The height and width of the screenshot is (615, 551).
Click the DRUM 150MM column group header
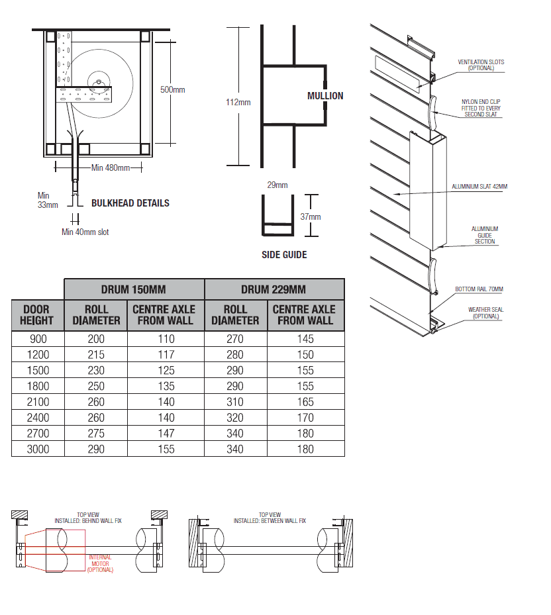coord(134,289)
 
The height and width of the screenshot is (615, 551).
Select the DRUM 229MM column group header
coord(274,289)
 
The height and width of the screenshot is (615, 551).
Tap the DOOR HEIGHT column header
coord(37,314)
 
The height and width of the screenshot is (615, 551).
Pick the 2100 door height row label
coord(37,402)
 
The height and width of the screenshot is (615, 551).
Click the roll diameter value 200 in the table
coord(96,339)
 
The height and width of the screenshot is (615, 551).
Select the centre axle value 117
coord(164,355)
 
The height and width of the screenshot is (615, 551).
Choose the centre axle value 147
coord(164,434)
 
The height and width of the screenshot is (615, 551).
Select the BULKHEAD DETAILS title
coord(130,203)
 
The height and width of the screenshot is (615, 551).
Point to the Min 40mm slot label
coord(85,232)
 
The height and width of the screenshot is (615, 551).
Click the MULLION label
coord(325,96)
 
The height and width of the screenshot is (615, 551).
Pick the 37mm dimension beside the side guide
coord(311,216)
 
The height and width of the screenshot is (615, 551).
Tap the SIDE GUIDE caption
coord(284,255)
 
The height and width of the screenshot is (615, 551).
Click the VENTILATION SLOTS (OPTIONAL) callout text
coord(481,65)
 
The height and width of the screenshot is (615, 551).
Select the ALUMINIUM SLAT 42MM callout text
coord(479,187)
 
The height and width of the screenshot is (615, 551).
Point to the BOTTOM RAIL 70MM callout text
coord(479,289)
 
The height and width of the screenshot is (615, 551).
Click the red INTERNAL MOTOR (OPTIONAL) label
coord(100,563)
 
